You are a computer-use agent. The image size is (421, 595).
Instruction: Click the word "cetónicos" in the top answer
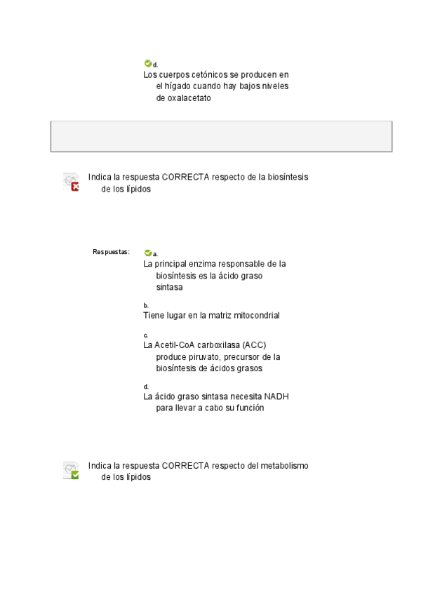click(x=199, y=74)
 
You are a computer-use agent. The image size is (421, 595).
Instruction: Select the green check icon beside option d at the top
click(x=147, y=63)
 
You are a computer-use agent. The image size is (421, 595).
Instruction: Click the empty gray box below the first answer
click(x=221, y=136)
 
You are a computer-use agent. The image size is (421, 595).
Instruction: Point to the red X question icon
click(x=70, y=182)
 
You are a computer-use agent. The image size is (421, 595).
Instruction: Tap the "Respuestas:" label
click(x=111, y=252)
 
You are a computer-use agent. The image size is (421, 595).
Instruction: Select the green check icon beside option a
click(x=147, y=253)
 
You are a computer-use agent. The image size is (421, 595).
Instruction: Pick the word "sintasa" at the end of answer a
click(x=169, y=288)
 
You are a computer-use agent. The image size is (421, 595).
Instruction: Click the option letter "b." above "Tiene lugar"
click(x=146, y=305)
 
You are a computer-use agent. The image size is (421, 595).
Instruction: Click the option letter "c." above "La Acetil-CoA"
click(x=146, y=335)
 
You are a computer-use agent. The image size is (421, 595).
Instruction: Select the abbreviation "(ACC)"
click(x=253, y=345)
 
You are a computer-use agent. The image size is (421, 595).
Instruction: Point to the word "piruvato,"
click(x=203, y=356)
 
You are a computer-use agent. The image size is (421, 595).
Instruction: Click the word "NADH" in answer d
click(x=276, y=396)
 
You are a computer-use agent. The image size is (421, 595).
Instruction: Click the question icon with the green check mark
click(x=70, y=470)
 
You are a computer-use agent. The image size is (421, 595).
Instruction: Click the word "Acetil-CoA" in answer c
click(x=175, y=345)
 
